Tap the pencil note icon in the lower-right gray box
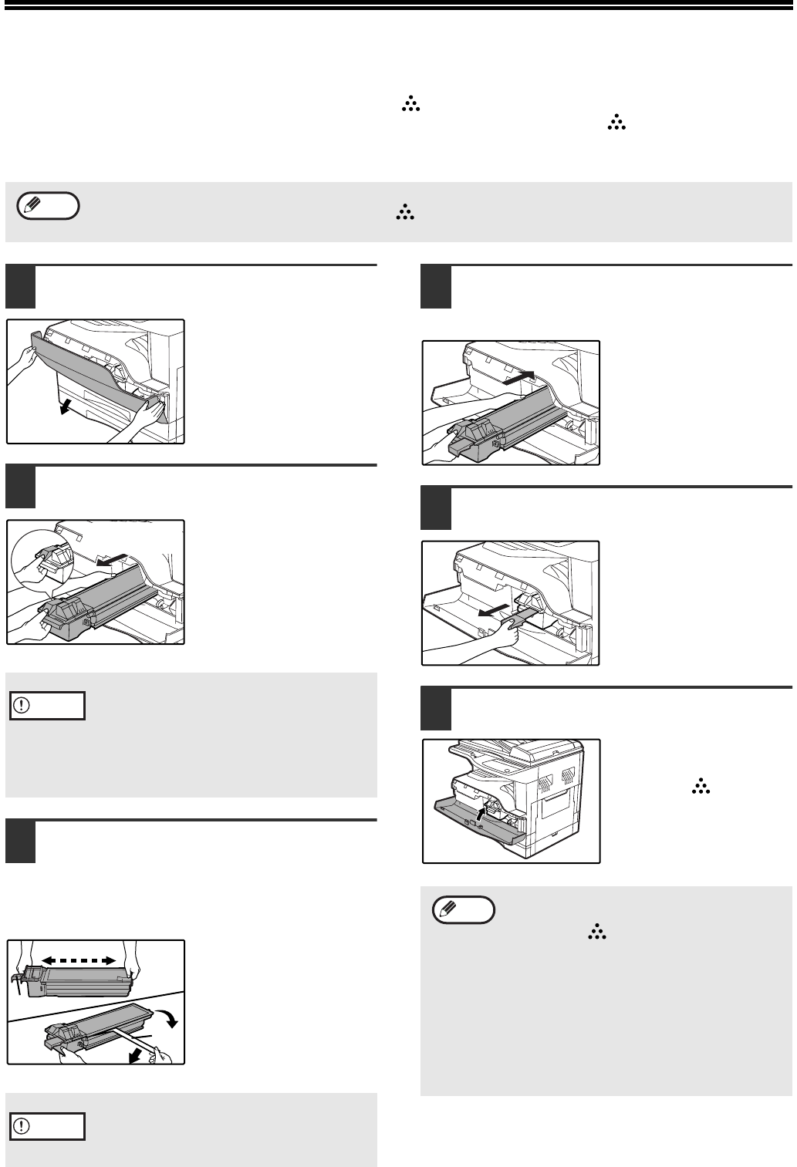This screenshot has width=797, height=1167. tap(463, 910)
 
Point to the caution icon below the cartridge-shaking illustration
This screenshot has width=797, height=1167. tap(46, 1126)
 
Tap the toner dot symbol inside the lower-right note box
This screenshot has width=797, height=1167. tap(596, 933)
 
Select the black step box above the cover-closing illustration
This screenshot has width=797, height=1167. tap(436, 709)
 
